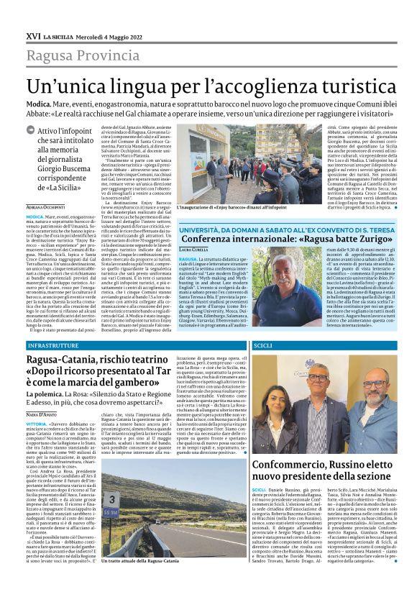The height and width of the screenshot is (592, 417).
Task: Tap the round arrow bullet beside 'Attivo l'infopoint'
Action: click(x=49, y=131)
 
